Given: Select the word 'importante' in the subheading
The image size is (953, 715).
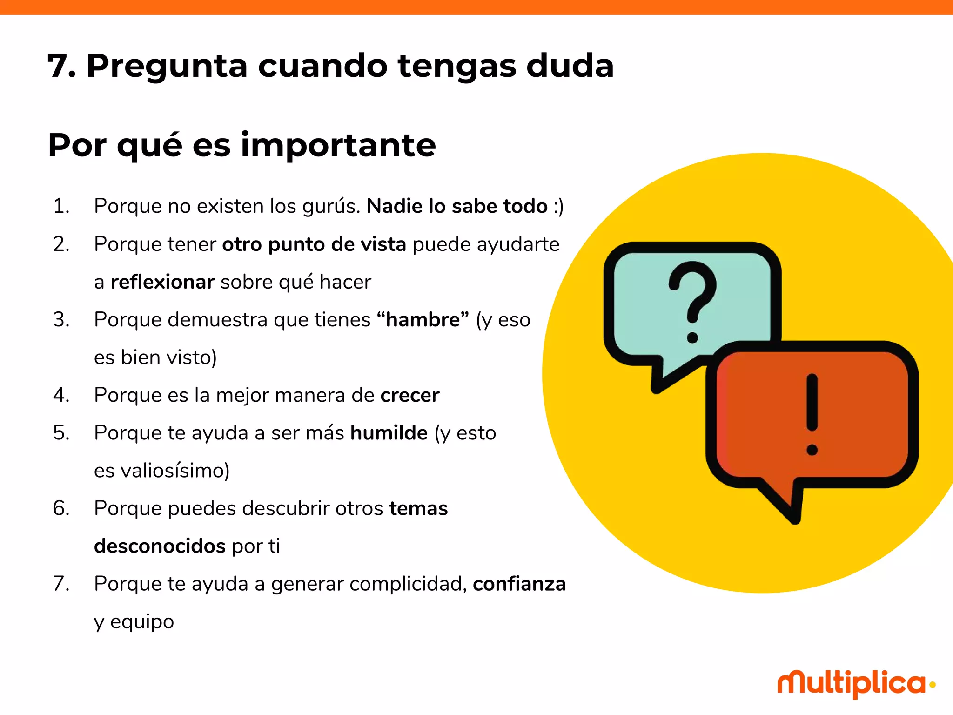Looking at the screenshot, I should click(x=338, y=145).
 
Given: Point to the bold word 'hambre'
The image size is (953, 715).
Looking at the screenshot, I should click(x=423, y=320).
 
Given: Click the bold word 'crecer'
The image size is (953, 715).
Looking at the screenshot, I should click(x=409, y=395).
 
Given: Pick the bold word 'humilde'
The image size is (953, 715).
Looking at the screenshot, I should click(x=389, y=433).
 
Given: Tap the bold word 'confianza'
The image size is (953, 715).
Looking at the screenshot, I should click(x=519, y=584).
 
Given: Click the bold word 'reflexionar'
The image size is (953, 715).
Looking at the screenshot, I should click(x=162, y=282).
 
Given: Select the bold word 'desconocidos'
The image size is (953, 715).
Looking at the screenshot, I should click(x=160, y=546).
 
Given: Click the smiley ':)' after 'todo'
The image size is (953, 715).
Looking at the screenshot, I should click(x=558, y=206).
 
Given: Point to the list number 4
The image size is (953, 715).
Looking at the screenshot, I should click(x=61, y=395).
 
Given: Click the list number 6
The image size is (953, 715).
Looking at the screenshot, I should click(x=61, y=508).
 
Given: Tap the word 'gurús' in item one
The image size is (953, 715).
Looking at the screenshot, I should click(x=331, y=206).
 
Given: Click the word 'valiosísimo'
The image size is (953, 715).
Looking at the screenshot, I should click(x=175, y=471).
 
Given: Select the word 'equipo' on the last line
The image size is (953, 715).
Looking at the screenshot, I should click(x=142, y=622).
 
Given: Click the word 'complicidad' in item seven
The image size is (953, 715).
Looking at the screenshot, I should click(x=408, y=584).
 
